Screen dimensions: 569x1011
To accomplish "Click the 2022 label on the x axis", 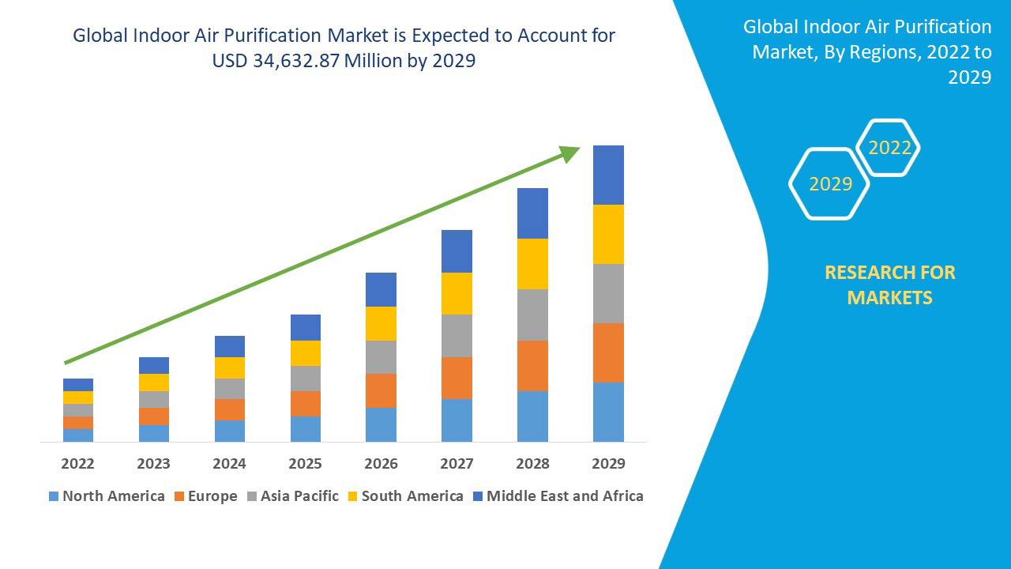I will point(77,463).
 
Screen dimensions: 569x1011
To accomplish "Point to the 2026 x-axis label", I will point(381,463).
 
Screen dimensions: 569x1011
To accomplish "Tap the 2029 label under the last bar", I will point(608,463).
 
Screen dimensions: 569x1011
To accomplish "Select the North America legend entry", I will point(107,496).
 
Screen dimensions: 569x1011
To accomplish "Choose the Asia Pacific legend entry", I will point(293,496).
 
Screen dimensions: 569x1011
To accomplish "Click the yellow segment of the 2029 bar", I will point(608,234).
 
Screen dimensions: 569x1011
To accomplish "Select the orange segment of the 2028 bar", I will point(532,365).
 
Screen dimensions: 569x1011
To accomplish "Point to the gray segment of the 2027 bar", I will point(457,336).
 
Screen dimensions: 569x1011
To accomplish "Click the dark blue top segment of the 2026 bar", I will point(381,289).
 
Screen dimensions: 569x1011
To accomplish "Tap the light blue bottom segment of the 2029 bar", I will point(608,412).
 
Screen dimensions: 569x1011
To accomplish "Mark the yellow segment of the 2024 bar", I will point(229,367).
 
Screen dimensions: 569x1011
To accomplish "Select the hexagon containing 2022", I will point(889,148).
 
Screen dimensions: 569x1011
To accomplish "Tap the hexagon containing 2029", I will point(830,184).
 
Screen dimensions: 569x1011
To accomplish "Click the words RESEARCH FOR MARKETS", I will point(889,284).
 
